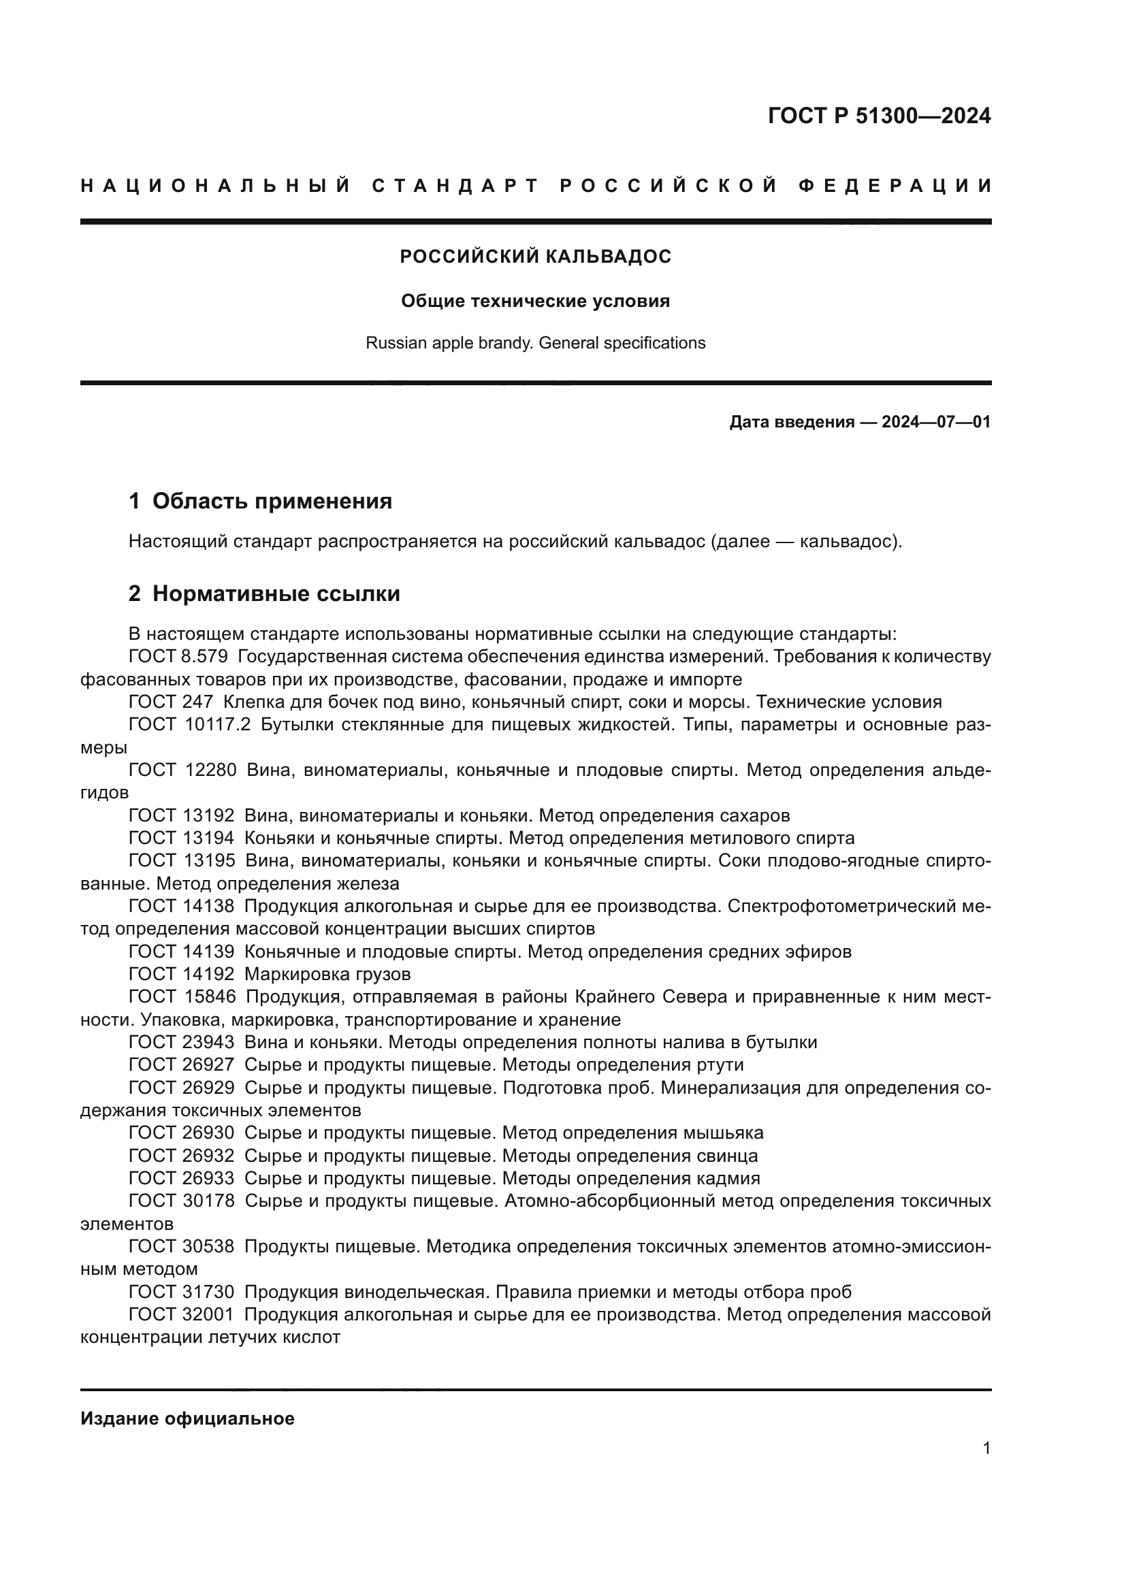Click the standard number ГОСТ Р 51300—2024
tap(878, 116)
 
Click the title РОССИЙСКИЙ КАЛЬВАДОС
tap(535, 257)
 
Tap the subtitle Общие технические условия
tap(535, 302)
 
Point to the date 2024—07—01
tap(935, 422)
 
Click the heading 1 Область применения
tap(260, 502)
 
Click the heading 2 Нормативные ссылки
tap(264, 594)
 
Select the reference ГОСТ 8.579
tap(178, 657)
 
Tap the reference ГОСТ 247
tap(171, 702)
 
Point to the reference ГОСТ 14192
tap(181, 974)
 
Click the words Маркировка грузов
tap(327, 974)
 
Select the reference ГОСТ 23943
tap(181, 1042)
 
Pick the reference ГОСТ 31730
tap(181, 1292)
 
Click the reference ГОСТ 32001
tap(181, 1315)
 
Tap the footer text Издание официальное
tap(187, 1418)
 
